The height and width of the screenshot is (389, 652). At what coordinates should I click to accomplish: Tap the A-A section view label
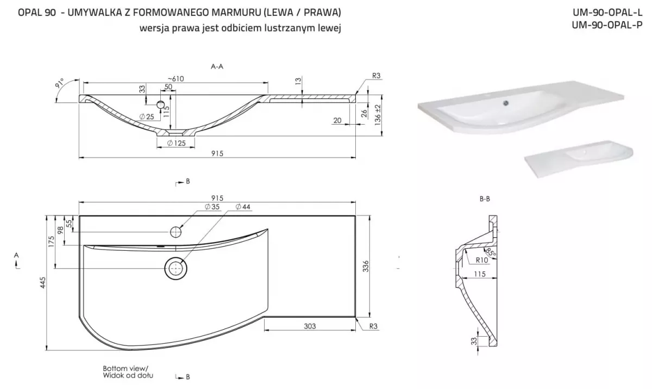(x=217, y=66)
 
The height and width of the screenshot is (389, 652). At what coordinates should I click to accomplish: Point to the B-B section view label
(x=485, y=199)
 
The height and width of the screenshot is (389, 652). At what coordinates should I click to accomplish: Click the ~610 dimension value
(x=175, y=78)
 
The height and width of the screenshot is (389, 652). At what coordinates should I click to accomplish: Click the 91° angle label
(x=59, y=84)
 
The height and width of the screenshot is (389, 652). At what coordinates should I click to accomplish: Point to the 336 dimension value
(x=366, y=266)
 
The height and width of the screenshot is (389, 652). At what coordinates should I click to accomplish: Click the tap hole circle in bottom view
(x=175, y=232)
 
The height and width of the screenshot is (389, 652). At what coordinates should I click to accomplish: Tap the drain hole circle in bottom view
(x=175, y=268)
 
